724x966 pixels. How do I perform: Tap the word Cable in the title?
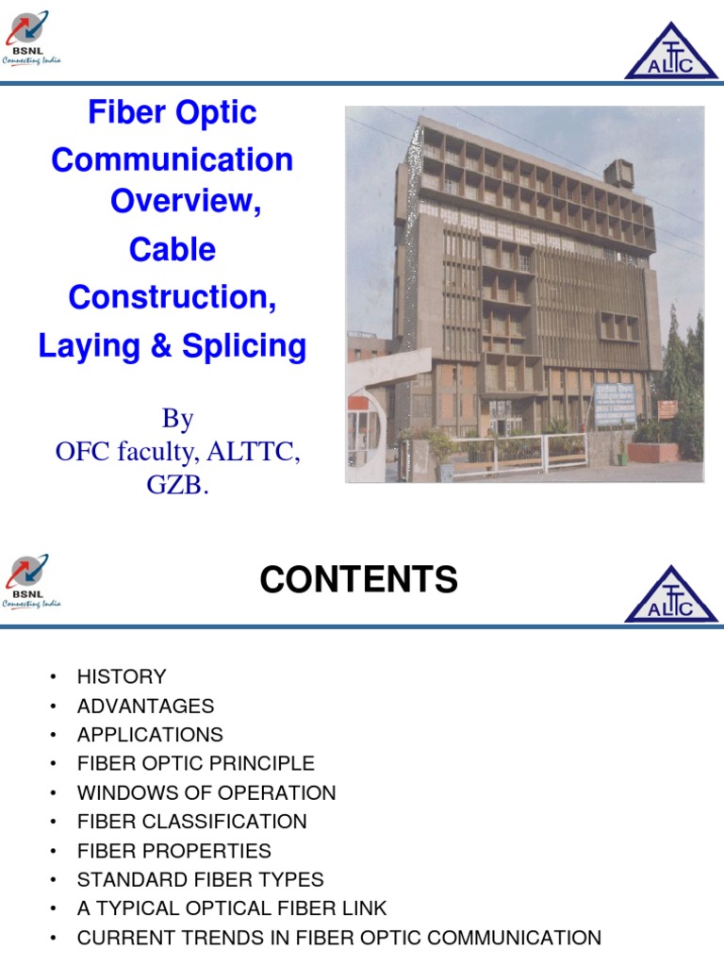pos(172,250)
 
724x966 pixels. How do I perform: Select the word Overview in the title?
pos(185,201)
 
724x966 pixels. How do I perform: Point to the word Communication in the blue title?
pos(172,159)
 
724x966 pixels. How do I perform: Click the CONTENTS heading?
pos(358,580)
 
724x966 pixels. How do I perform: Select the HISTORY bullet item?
pos(121,676)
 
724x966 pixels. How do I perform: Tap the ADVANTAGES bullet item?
pos(145,706)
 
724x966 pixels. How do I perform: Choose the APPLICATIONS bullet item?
pos(150,735)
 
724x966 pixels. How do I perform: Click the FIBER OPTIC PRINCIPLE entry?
pos(195,763)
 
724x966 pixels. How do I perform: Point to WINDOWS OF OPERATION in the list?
pos(206,792)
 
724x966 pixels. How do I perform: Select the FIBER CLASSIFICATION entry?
pos(191,822)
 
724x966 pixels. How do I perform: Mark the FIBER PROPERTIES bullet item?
pos(173,851)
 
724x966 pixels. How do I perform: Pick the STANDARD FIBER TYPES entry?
pos(200,880)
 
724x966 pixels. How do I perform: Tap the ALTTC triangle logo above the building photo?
pos(671,52)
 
